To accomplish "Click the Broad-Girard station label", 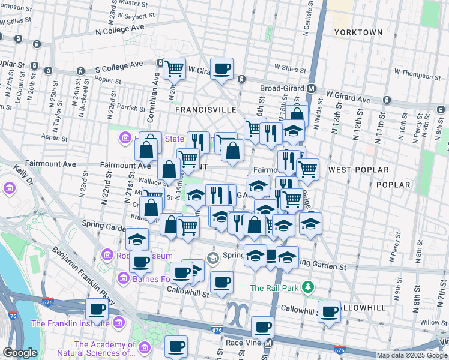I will [283, 88].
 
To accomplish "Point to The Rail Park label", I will [274, 288].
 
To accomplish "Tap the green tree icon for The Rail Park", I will [308, 287].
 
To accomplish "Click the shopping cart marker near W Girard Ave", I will [174, 68].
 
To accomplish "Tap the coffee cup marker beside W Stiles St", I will [221, 68].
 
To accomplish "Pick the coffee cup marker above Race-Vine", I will [262, 328].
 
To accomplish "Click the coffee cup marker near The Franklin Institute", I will [97, 310].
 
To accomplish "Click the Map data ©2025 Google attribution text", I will [412, 355].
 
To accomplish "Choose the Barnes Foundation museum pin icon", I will [124, 278].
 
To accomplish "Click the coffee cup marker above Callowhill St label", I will [221, 281].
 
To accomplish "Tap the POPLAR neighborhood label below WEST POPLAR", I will [393, 185].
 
